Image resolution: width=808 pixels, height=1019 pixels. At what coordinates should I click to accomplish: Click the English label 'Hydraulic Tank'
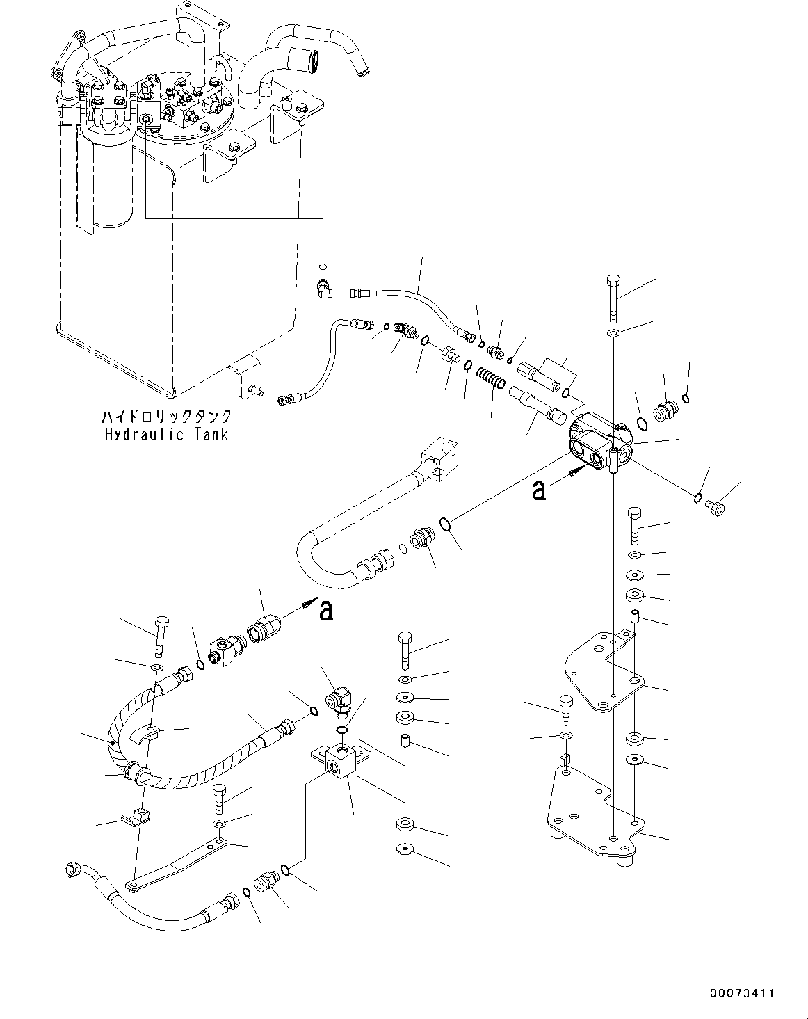[x=165, y=435]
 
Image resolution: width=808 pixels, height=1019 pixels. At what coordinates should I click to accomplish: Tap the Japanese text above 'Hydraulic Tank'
[x=165, y=417]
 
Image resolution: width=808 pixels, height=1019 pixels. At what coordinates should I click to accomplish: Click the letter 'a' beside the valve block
[x=539, y=490]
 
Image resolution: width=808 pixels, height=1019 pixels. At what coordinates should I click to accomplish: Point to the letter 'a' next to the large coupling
[x=325, y=610]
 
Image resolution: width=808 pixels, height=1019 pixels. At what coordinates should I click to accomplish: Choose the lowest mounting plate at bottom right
[x=591, y=810]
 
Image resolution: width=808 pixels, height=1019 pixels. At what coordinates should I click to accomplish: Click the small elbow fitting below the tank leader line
[x=323, y=287]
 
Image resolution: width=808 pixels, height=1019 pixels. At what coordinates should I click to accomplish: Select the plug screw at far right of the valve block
[x=714, y=507]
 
